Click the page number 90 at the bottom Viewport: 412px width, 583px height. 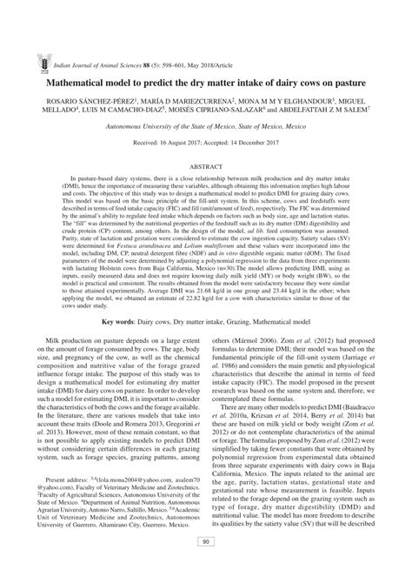coord(206,566)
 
